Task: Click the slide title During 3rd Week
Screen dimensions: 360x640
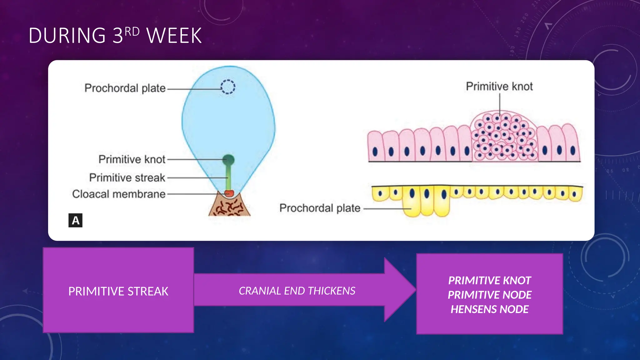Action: click(115, 35)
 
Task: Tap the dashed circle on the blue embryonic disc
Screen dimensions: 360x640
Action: click(228, 87)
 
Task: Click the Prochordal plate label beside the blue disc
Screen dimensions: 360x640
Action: click(125, 88)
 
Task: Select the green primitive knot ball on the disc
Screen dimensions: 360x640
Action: click(228, 160)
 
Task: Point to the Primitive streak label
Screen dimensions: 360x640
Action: click(127, 177)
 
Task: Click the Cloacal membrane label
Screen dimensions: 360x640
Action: click(119, 194)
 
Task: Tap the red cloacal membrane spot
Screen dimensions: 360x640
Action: click(229, 193)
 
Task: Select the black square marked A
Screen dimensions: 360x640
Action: click(75, 220)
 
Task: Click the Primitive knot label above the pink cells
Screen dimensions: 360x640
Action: click(499, 87)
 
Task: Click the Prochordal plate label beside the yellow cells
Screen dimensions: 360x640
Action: click(320, 208)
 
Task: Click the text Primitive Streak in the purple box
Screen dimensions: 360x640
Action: click(118, 291)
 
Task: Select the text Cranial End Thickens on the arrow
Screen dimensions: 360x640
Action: click(297, 291)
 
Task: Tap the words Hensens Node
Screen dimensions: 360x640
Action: click(489, 309)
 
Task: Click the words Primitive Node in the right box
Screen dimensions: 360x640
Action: click(489, 295)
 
